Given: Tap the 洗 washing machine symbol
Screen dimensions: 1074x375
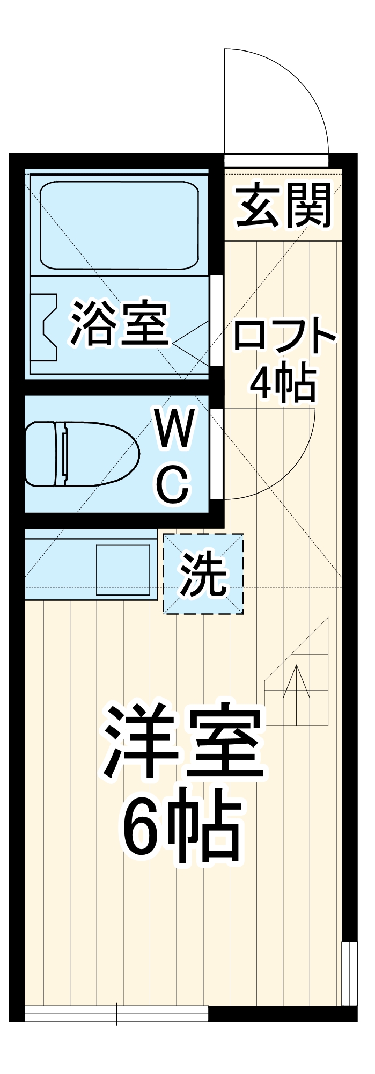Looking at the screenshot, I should [203, 574].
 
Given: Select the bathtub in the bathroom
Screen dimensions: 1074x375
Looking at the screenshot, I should [119, 225].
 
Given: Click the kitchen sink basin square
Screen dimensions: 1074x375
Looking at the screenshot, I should [123, 570].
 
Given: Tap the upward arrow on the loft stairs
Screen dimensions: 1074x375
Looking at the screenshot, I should [296, 682].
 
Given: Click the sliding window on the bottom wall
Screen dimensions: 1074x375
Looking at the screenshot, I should [116, 1013].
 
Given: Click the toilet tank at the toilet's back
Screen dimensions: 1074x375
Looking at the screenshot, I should [41, 454].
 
